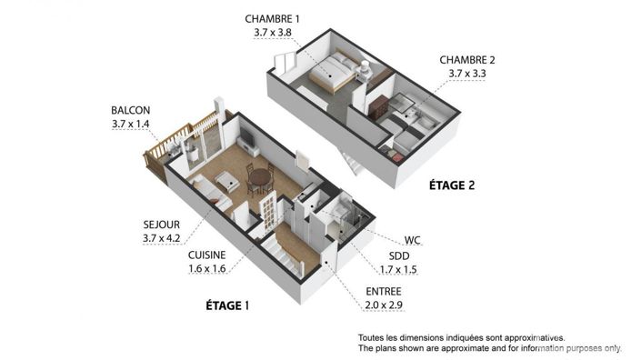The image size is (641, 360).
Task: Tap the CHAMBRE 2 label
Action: (472, 60)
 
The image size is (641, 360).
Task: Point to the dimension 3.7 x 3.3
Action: (472, 75)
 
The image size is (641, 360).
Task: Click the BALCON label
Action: (131, 110)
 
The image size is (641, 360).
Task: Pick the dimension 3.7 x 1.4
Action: (131, 125)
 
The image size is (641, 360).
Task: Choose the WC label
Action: (413, 242)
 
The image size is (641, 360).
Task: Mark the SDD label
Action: (396, 256)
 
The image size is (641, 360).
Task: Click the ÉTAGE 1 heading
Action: (223, 305)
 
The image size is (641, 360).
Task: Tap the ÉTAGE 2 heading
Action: (453, 185)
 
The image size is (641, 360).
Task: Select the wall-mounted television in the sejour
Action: (245, 140)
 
